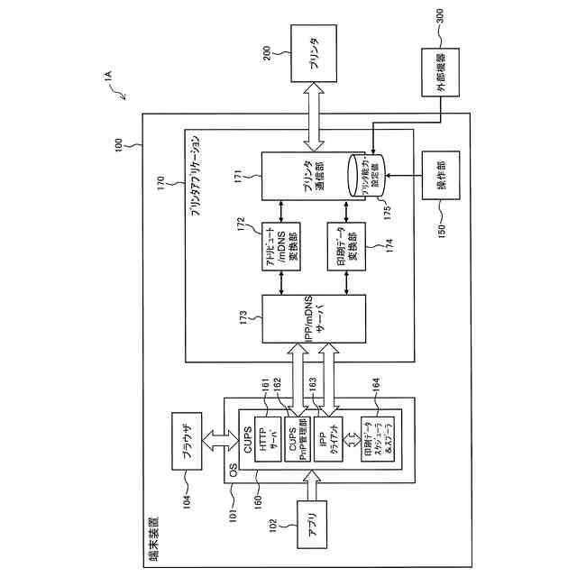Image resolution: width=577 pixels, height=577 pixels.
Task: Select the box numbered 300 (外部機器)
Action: pyautogui.click(x=441, y=78)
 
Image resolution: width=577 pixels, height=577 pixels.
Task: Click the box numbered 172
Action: pyautogui.click(x=281, y=245)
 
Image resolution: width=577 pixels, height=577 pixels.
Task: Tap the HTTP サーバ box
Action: pyautogui.click(x=270, y=438)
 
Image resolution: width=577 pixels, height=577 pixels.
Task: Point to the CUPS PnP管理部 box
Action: pyautogui.click(x=298, y=438)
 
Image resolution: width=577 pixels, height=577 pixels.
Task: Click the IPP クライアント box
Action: pyautogui.click(x=327, y=438)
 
